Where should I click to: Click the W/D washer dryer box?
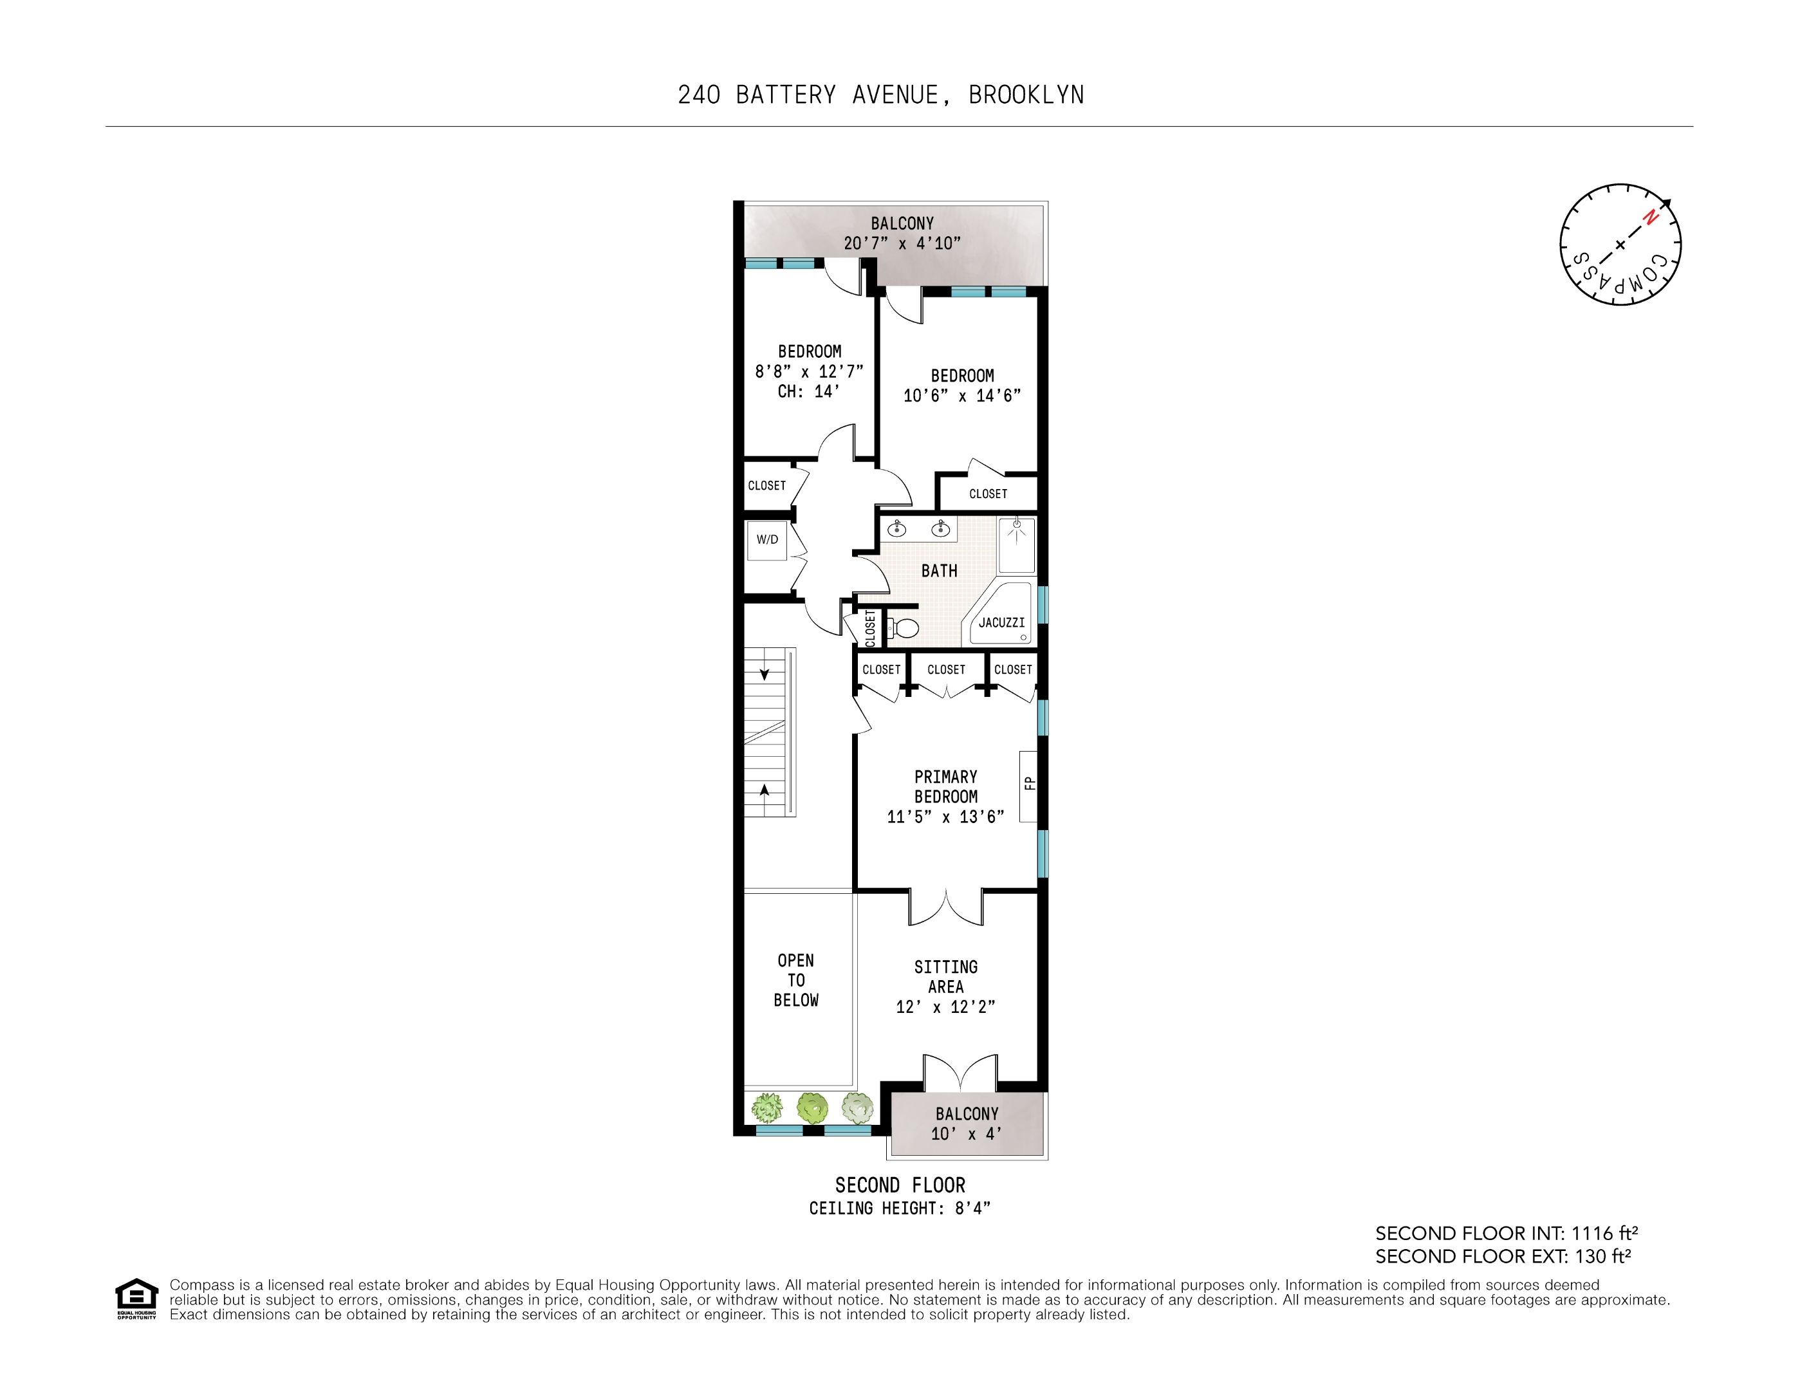point(766,540)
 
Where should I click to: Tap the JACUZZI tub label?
point(1001,623)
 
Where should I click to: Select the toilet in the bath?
point(905,629)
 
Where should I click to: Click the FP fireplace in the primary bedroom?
point(1028,785)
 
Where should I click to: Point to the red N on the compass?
point(1649,218)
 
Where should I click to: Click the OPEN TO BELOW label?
point(796,981)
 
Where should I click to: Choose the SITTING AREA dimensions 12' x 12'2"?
point(945,1007)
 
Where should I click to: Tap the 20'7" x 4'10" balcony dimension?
point(902,244)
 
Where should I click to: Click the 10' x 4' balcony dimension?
point(966,1134)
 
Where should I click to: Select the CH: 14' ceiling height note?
point(808,392)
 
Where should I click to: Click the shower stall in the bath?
point(1016,544)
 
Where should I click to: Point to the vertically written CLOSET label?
point(870,628)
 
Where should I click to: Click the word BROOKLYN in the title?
point(1026,96)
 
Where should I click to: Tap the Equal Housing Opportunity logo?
point(136,1299)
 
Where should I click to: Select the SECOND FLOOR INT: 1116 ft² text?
point(1506,1234)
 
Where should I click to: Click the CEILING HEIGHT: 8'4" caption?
point(899,1209)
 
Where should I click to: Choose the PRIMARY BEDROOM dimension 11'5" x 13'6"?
point(945,817)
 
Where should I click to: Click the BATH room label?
point(939,571)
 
